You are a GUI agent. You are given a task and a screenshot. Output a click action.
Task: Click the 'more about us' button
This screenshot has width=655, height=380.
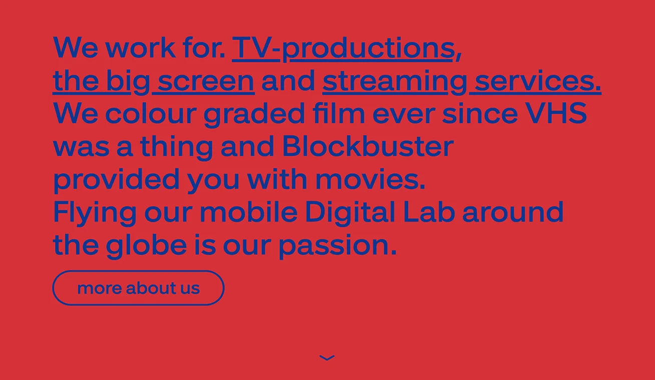tap(138, 288)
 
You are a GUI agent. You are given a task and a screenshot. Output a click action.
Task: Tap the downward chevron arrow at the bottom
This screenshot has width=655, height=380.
tap(327, 358)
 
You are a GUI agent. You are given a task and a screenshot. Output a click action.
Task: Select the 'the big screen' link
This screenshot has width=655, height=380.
tap(154, 81)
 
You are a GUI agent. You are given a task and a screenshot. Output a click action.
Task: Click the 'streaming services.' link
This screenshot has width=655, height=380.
tap(462, 81)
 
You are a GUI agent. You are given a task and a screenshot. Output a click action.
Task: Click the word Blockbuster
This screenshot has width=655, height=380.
tap(368, 146)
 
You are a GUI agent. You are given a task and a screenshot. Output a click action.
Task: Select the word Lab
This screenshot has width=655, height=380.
tap(429, 212)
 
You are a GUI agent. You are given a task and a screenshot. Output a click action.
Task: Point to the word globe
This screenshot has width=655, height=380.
tap(146, 245)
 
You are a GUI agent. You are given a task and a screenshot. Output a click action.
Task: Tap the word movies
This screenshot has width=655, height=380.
tap(370, 179)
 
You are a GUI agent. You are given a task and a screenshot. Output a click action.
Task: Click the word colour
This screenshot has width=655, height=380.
tap(151, 113)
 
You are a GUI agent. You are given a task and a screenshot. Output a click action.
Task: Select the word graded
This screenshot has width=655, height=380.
tap(254, 114)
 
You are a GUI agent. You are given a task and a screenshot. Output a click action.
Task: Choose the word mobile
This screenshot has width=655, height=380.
tap(248, 212)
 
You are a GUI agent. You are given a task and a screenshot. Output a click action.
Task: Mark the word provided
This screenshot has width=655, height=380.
tap(116, 180)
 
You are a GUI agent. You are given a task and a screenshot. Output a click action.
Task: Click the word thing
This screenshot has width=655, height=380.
tap(177, 147)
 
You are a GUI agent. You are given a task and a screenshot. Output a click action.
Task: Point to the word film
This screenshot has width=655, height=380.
tap(339, 113)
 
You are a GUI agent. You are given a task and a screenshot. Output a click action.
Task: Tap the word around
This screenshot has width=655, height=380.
tap(513, 212)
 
